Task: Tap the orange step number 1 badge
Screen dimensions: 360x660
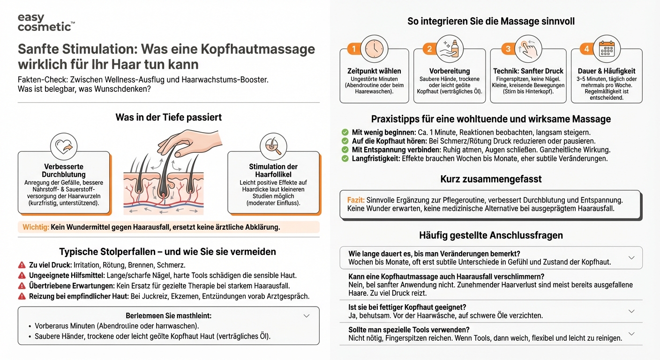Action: [x=354, y=49]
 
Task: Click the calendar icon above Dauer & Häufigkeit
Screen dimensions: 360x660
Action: [x=607, y=49]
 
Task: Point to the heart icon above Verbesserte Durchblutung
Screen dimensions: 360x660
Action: [x=63, y=147]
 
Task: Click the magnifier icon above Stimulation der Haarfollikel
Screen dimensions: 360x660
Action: [x=273, y=147]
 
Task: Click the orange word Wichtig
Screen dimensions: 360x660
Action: [x=36, y=227]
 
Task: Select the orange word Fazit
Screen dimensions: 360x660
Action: [x=356, y=200]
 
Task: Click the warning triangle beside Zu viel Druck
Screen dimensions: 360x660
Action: [x=22, y=265]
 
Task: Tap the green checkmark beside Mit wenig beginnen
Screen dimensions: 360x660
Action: [x=345, y=133]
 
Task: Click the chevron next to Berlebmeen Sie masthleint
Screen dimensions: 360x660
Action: [x=307, y=315]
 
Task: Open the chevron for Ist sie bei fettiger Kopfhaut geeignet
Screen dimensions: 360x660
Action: [x=631, y=311]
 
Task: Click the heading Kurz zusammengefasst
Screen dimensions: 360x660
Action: [x=491, y=179]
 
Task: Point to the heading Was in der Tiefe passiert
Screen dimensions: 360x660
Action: [x=168, y=117]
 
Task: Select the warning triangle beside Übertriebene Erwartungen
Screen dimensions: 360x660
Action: [x=22, y=285]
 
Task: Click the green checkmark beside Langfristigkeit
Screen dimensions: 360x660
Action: [x=345, y=159]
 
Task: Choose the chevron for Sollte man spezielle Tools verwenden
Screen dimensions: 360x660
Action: [x=631, y=334]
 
